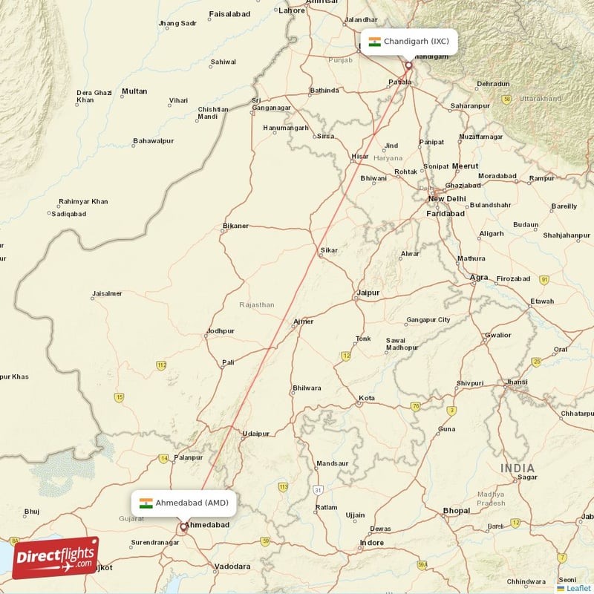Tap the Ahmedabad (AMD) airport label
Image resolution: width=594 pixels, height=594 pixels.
tap(185, 503)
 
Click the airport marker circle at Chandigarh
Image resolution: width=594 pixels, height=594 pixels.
tap(408, 65)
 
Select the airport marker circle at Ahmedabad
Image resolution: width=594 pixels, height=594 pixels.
tap(183, 527)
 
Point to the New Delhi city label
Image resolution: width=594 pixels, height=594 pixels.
tap(446, 199)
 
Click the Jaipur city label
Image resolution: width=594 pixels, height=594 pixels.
tap(368, 293)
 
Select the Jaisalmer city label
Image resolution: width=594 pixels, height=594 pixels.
tap(107, 293)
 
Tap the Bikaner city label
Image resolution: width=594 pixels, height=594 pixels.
tap(236, 226)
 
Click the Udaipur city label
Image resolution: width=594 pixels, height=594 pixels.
tap(255, 434)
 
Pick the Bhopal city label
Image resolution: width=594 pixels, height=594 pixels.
tap(456, 511)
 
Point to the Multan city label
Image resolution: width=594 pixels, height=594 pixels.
tap(134, 91)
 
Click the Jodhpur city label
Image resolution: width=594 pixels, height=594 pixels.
tap(221, 331)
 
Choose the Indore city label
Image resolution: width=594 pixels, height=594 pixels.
tap(371, 543)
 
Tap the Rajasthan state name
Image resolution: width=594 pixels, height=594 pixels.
tap(257, 304)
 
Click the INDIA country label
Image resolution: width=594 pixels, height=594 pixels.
tap(517, 468)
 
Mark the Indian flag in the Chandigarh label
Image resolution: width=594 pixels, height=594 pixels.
tap(374, 42)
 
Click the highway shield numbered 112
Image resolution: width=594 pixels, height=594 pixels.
tap(161, 365)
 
